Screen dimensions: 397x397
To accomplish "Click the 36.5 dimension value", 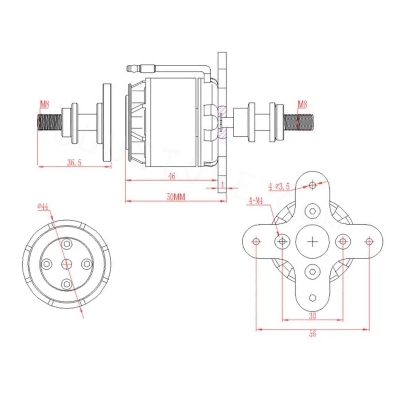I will click(74, 162).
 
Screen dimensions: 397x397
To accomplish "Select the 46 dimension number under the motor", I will click(172, 176).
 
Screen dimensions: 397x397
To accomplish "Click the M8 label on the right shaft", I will click(303, 105).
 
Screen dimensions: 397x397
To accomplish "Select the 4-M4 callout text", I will click(256, 201).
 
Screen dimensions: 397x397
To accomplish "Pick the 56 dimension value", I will click(313, 334).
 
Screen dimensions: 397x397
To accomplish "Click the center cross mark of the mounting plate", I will click(313, 241).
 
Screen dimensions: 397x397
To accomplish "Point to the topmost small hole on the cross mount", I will click(313, 185).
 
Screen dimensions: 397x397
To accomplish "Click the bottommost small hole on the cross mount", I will click(313, 298).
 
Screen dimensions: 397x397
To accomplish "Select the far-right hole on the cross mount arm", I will click(369, 241).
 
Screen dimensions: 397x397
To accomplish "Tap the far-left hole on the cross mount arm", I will click(256, 241).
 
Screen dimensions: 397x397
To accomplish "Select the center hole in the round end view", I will click(67, 263).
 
